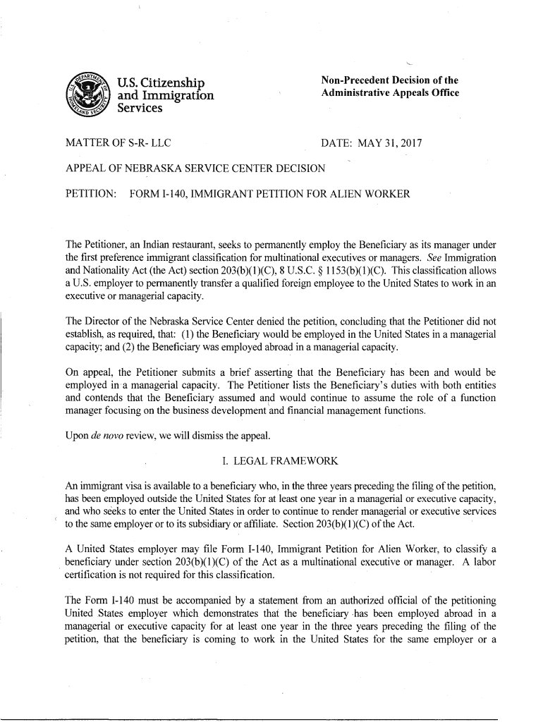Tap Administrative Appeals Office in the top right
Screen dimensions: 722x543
pos(390,94)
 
